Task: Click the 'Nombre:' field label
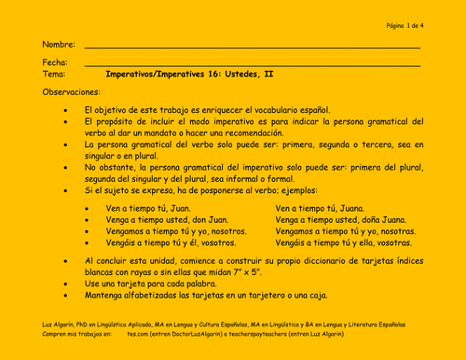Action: pyautogui.click(x=58, y=45)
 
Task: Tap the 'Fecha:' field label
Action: pyautogui.click(x=54, y=62)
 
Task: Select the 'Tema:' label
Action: pyautogui.click(x=53, y=73)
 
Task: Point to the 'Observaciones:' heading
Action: pyautogui.click(x=71, y=92)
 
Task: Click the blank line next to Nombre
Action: pyautogui.click(x=252, y=48)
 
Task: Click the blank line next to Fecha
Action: pyautogui.click(x=252, y=64)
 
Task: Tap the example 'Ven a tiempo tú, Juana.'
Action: pyautogui.click(x=320, y=208)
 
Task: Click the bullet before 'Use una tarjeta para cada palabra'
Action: pyautogui.click(x=63, y=283)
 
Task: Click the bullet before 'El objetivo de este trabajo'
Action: pyautogui.click(x=63, y=110)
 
